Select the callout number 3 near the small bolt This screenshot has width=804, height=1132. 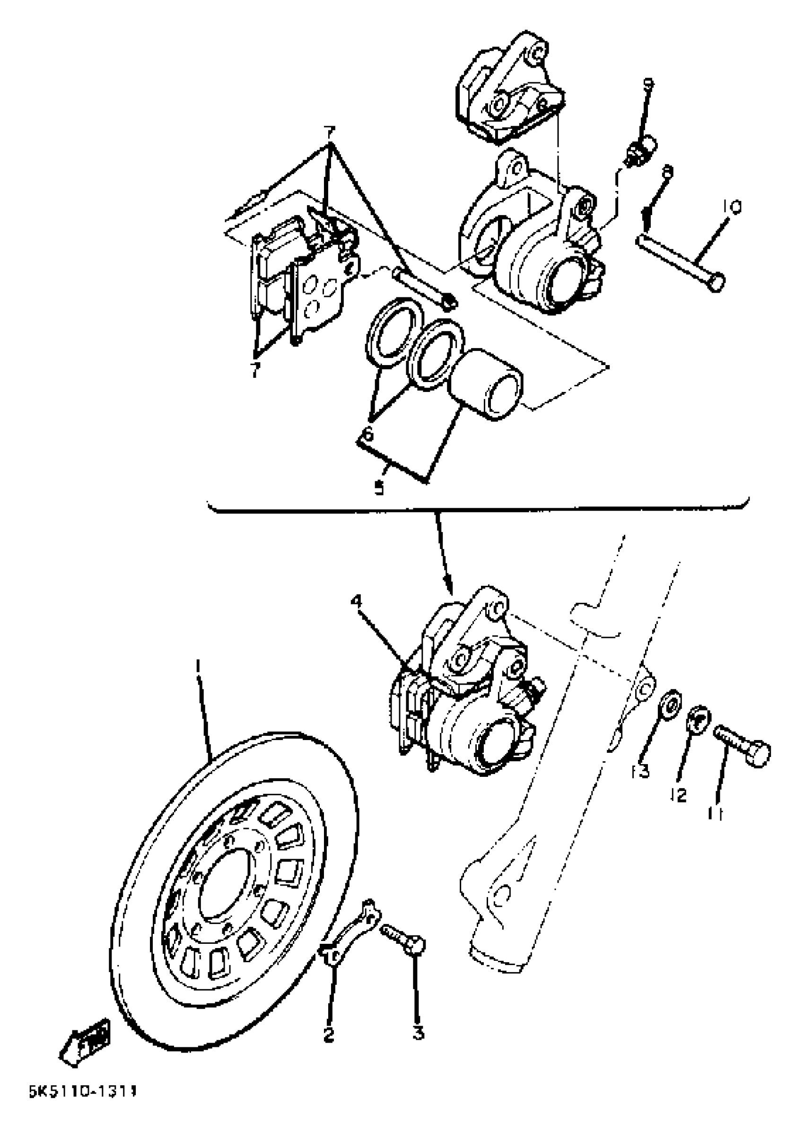point(419,1034)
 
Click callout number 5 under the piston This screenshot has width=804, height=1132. point(379,488)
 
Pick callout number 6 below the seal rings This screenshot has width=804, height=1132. point(368,434)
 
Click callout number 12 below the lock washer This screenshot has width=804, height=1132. point(681,795)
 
